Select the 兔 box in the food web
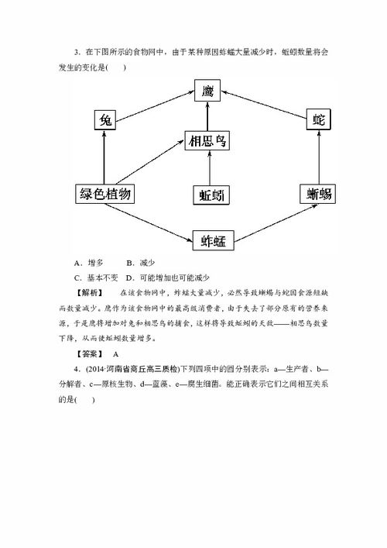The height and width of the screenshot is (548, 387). click(x=104, y=119)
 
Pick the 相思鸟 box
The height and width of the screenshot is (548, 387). click(x=207, y=141)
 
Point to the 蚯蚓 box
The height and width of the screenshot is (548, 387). click(x=211, y=195)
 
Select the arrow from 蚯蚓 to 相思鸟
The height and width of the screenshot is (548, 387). click(x=209, y=168)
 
